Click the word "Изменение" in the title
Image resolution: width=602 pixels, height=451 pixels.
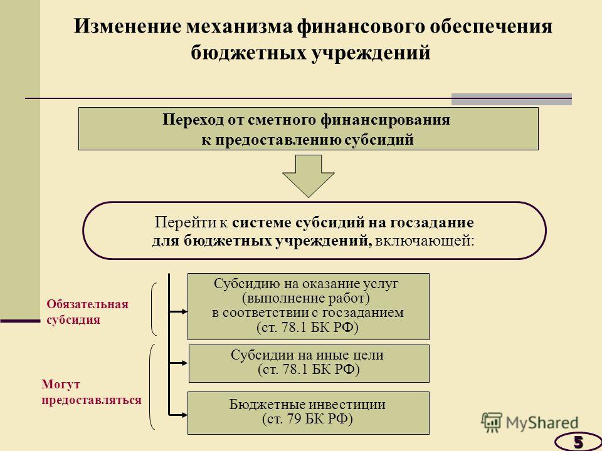tap(127, 27)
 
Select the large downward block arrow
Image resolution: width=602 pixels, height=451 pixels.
tap(309, 176)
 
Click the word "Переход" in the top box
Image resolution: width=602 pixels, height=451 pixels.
tap(193, 120)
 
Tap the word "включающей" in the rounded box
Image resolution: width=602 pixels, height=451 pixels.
tap(425, 241)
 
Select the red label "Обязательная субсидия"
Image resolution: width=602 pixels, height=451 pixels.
tap(88, 312)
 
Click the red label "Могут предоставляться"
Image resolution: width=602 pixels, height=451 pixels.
tap(92, 392)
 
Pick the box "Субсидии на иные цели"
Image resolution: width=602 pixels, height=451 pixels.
tap(309, 363)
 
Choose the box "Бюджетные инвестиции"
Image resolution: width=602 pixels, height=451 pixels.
tap(309, 413)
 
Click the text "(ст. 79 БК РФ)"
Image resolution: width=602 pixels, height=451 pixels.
tap(307, 419)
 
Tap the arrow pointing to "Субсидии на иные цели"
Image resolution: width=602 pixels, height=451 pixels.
tap(179, 363)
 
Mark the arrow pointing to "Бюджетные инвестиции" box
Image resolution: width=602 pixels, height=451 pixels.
tap(179, 415)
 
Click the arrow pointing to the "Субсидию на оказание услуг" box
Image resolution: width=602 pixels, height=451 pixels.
tap(179, 312)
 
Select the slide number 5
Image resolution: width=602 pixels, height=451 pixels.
tap(578, 442)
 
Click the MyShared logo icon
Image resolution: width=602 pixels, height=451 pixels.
tap(492, 422)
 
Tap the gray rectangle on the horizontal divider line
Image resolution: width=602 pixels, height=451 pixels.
tap(512, 99)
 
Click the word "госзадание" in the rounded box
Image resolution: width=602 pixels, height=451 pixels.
tap(432, 223)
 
